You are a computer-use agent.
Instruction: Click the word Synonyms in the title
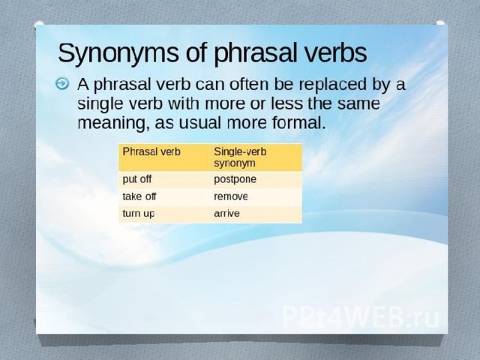[x=118, y=53]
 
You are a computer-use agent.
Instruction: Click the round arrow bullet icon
[x=62, y=83]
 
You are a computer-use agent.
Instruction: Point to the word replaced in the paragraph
[x=332, y=85]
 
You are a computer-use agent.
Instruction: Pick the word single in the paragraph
[x=100, y=105]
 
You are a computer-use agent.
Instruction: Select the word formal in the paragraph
[x=298, y=122]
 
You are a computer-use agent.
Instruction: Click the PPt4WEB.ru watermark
[x=361, y=316]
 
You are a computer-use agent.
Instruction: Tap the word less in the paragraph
[x=286, y=103]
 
